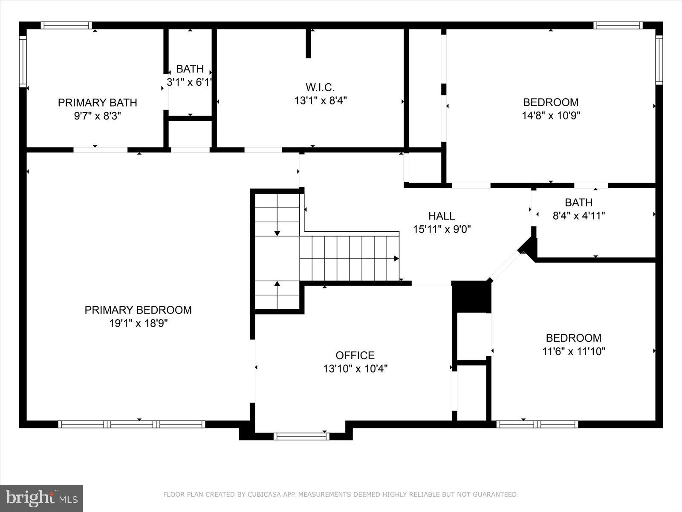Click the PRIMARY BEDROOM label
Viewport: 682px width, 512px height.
point(138,310)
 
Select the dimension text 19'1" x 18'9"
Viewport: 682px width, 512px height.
point(138,323)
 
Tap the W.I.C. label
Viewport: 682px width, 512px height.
point(320,87)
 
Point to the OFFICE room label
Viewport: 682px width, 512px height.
point(355,355)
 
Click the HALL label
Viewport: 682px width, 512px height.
point(442,216)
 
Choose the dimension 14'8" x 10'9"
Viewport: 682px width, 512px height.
point(551,115)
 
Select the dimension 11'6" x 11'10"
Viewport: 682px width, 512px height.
point(573,351)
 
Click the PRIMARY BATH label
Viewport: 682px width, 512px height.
point(98,103)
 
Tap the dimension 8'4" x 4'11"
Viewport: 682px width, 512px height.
point(578,216)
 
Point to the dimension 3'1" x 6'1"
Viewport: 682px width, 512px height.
point(190,82)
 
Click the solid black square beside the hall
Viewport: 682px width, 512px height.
point(471,296)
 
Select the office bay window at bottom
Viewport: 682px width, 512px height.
point(301,436)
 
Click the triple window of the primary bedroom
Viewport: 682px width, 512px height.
point(132,424)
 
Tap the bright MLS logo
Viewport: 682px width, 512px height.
point(42,498)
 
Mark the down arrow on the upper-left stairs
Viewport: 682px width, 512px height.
point(277,233)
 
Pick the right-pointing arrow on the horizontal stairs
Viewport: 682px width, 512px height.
point(396,259)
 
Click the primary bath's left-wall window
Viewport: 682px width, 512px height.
point(23,62)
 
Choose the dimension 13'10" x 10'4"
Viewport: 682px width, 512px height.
point(355,368)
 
